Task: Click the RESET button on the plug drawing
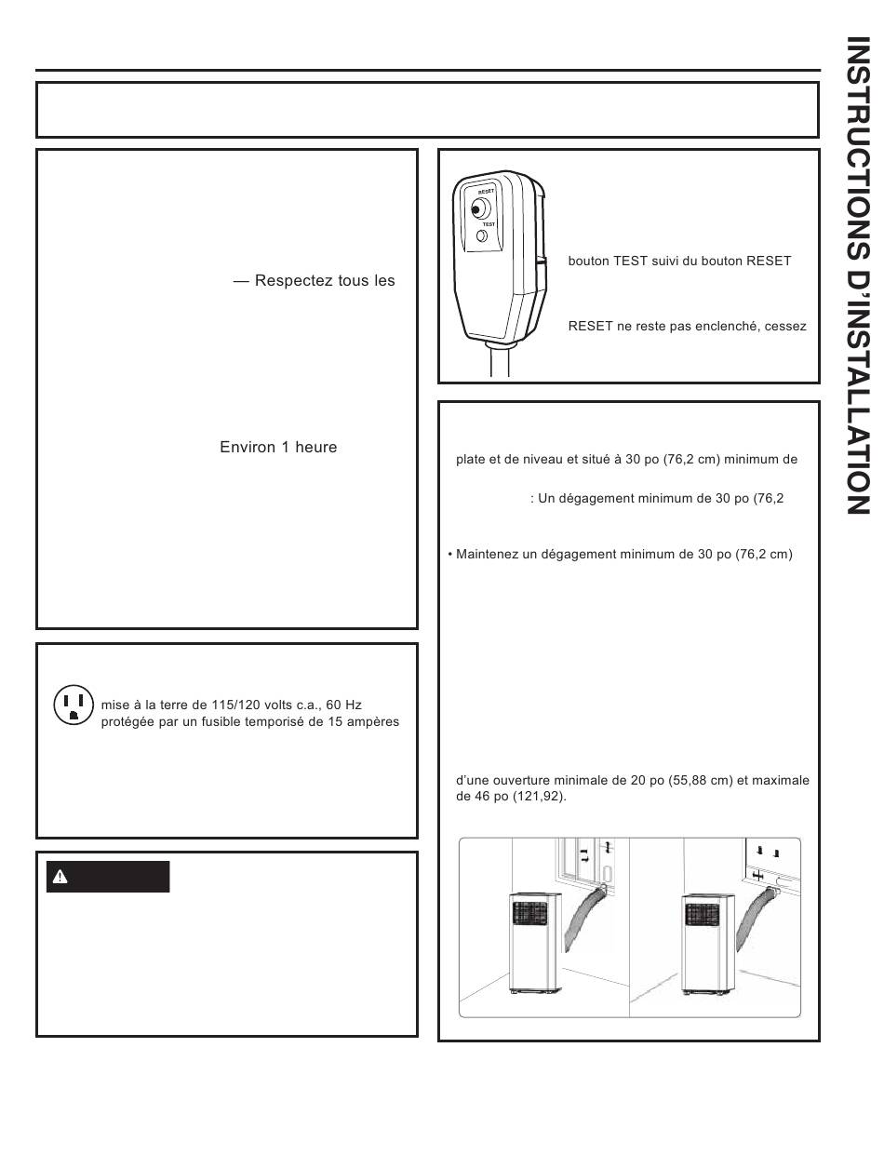point(480,210)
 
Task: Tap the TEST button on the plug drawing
point(483,237)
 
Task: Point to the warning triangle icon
point(60,877)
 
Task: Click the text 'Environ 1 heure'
point(278,448)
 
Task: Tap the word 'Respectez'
point(300,280)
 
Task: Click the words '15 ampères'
point(361,722)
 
